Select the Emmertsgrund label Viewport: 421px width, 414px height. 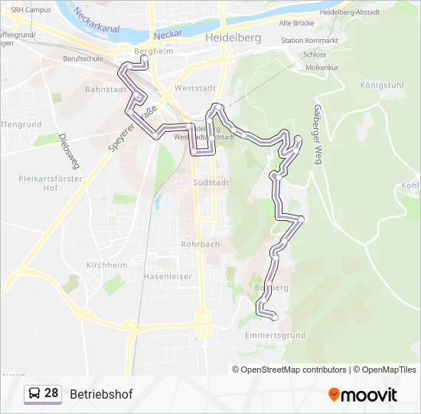coord(276,336)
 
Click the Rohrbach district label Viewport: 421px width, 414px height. coord(200,245)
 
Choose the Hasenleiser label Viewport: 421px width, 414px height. coord(168,276)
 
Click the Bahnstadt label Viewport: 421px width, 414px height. coord(105,89)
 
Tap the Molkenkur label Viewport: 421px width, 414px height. coord(301,67)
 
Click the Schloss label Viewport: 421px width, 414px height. coord(293,54)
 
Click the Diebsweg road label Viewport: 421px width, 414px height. coord(69,150)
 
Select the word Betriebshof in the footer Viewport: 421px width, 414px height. coord(101,395)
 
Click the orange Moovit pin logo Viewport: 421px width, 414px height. coord(335,395)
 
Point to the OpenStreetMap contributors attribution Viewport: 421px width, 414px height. coord(294,370)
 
